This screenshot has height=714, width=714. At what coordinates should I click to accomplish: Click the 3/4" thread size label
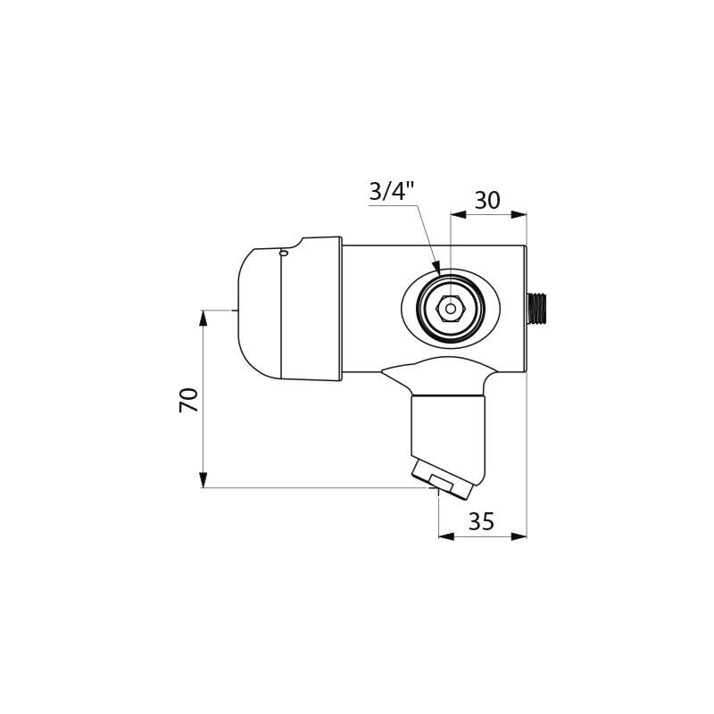coord(392,192)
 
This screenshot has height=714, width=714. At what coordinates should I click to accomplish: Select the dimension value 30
coord(487,200)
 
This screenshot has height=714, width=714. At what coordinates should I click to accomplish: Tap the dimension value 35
coord(481,521)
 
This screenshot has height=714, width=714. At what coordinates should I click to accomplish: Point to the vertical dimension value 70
coord(188,400)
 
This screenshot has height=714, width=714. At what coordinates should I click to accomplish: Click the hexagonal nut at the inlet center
coord(451,309)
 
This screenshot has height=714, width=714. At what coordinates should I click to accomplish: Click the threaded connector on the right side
coord(536,310)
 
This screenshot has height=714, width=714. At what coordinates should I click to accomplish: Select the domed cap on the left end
coord(260,314)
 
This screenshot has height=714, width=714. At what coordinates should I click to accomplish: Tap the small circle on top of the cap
coord(284,253)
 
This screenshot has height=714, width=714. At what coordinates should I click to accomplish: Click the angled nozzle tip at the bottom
coord(443,481)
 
